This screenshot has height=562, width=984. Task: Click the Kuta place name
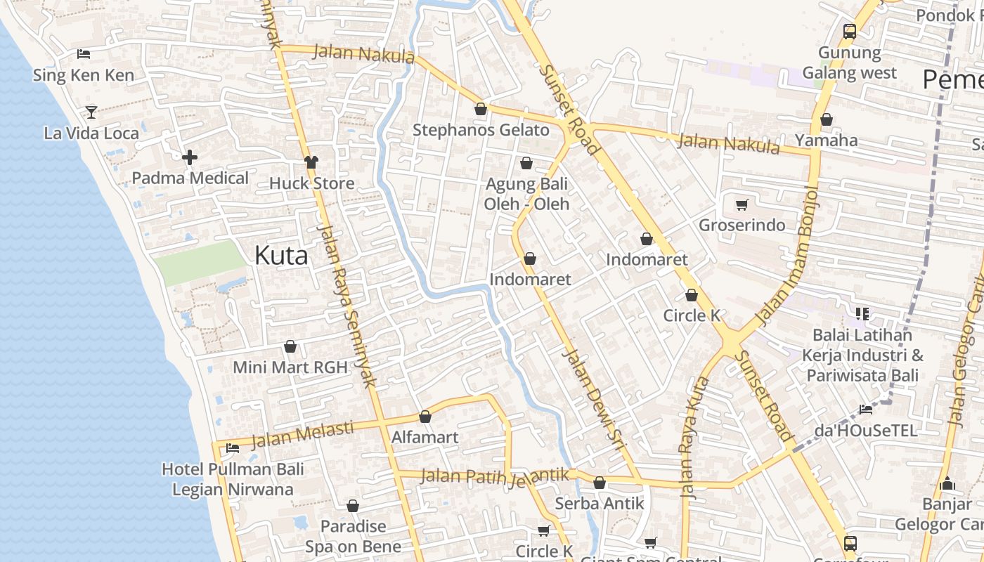point(281,255)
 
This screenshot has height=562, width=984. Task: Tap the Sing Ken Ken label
point(83,75)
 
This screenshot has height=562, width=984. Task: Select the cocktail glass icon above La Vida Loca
point(91,112)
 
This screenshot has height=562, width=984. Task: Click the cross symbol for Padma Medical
point(189,157)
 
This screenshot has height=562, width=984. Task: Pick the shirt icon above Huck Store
point(311,162)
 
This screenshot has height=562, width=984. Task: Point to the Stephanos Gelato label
point(481,130)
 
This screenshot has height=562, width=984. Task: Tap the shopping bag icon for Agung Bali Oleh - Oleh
point(526,164)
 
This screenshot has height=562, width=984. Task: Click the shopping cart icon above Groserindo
point(742,205)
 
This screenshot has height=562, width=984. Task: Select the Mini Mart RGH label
point(290,367)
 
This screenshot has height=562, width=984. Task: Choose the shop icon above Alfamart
point(425,417)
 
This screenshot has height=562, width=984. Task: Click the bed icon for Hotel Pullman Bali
point(233,448)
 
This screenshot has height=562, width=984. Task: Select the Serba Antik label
point(600,503)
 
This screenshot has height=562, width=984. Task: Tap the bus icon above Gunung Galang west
point(850,32)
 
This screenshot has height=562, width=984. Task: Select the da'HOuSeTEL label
point(866,430)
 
